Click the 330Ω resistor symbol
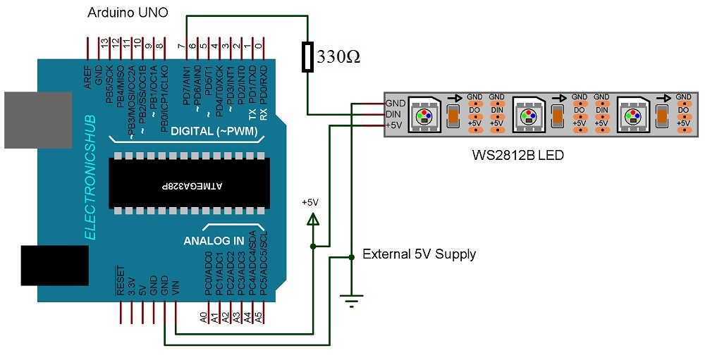pos(307,57)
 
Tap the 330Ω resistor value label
pos(339,57)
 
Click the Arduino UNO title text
pos(127,13)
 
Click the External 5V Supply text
pos(419,254)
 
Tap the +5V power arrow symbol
pos(312,219)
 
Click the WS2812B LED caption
pos(517,154)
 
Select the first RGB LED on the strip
pos(424,113)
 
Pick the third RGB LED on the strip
pos(632,113)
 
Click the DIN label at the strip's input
pos(395,113)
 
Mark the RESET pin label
pos(121,283)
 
